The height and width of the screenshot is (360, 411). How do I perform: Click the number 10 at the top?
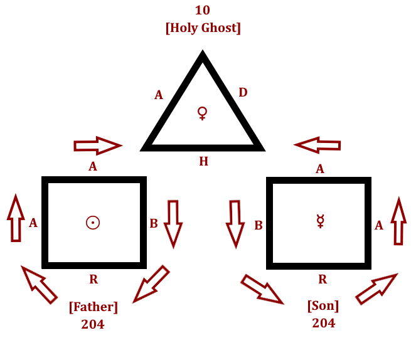click(x=203, y=10)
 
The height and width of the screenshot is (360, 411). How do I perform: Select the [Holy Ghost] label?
click(x=203, y=28)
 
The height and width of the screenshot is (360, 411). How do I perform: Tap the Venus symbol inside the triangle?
click(x=203, y=113)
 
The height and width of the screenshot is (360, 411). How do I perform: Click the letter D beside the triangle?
click(x=243, y=93)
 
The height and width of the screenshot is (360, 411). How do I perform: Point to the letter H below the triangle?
click(x=203, y=162)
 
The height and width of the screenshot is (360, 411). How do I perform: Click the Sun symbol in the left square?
click(x=93, y=222)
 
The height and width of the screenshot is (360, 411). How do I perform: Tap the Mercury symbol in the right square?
click(x=321, y=221)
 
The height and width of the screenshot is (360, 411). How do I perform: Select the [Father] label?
click(x=93, y=307)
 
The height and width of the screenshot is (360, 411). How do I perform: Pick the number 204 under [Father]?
click(x=93, y=324)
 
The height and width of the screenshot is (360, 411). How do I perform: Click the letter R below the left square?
click(x=93, y=280)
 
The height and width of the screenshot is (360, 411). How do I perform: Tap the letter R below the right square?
click(x=323, y=280)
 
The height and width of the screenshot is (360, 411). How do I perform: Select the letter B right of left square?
click(x=154, y=223)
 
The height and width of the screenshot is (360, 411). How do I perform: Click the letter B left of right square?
click(x=258, y=225)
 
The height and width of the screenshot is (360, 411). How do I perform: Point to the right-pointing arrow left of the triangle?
click(x=97, y=146)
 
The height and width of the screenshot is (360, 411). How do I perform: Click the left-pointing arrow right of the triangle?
click(x=318, y=146)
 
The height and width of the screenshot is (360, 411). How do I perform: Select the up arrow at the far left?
click(x=15, y=218)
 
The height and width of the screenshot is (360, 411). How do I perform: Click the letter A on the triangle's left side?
click(x=159, y=95)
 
